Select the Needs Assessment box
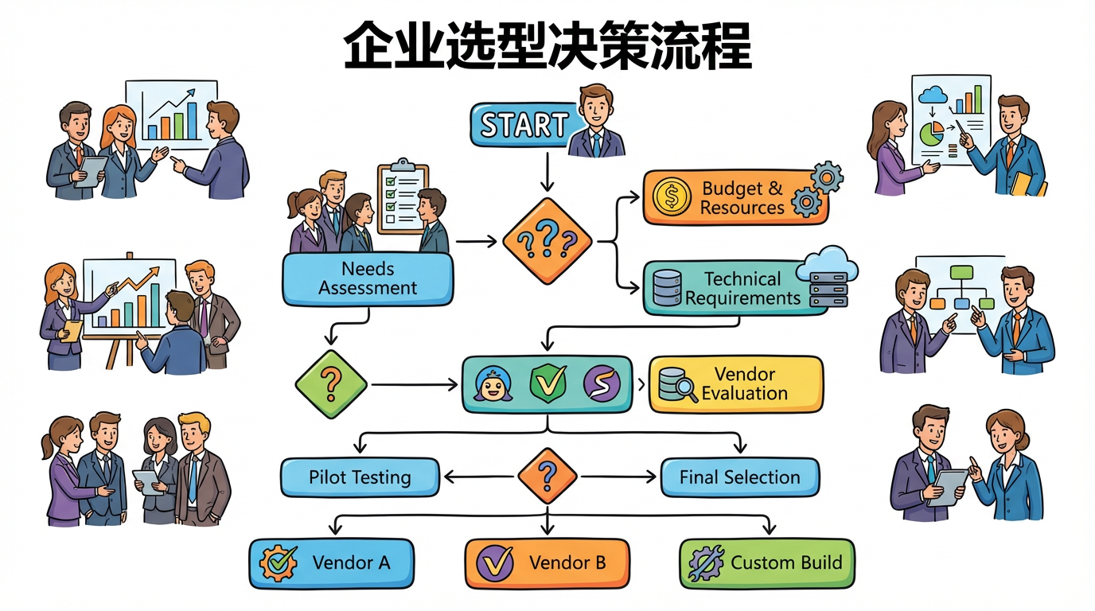click(x=368, y=278)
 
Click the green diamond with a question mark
click(x=330, y=385)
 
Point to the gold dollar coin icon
click(x=670, y=197)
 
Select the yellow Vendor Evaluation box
click(x=736, y=383)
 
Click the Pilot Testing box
click(x=360, y=477)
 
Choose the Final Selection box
click(x=739, y=477)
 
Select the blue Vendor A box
click(x=332, y=563)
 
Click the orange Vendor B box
click(x=547, y=563)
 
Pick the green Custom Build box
click(x=767, y=563)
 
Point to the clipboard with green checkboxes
click(x=402, y=196)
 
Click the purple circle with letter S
click(x=602, y=384)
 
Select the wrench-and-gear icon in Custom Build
click(x=706, y=563)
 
